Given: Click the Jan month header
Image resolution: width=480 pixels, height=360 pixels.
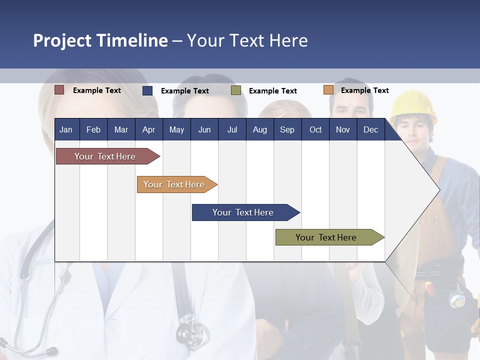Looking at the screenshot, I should click(x=66, y=129).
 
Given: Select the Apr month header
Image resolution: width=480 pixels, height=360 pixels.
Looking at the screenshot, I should click(x=148, y=129).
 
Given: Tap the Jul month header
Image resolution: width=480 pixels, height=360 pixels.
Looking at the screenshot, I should click(x=232, y=129).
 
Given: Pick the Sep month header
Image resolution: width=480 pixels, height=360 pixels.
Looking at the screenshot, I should click(x=287, y=129).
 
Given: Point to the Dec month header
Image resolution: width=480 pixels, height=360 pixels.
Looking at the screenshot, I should click(x=370, y=129).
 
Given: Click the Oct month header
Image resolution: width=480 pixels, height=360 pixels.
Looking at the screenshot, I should click(x=315, y=129).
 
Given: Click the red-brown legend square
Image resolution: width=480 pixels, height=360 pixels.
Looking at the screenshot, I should click(x=59, y=90).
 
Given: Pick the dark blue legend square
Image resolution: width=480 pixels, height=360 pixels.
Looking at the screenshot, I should click(x=147, y=90).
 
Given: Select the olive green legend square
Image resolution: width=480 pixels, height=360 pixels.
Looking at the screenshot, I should click(x=236, y=90).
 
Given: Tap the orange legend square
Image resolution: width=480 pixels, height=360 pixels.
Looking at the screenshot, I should click(x=328, y=90).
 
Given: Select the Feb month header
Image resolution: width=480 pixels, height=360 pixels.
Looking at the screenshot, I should click(x=93, y=129).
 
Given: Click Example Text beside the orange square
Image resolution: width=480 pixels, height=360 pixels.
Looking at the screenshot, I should click(x=364, y=90).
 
